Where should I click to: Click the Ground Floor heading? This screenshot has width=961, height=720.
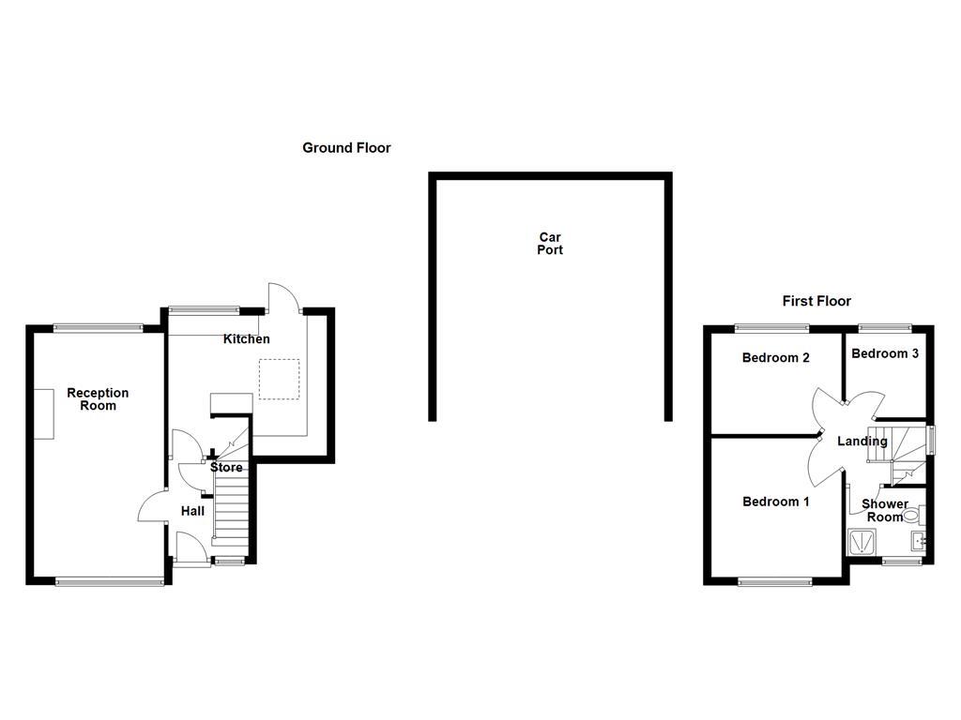click(x=346, y=148)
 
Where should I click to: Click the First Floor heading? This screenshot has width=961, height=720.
click(x=816, y=301)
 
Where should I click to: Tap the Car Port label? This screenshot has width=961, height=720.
click(x=550, y=244)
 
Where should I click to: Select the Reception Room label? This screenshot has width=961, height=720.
click(x=98, y=399)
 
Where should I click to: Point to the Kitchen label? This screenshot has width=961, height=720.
click(x=246, y=339)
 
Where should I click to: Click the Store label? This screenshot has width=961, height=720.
click(x=226, y=468)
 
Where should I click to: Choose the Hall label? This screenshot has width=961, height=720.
click(x=192, y=511)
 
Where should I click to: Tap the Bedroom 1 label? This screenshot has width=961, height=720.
click(x=775, y=502)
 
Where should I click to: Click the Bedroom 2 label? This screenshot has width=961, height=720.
click(x=775, y=358)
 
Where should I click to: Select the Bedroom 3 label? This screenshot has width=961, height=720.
click(x=885, y=353)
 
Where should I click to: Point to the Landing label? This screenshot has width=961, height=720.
click(x=862, y=442)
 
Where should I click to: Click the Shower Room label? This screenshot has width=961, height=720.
click(x=885, y=511)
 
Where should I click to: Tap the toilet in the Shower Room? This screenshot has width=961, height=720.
click(x=911, y=515)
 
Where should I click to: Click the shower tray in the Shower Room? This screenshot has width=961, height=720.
click(x=860, y=543)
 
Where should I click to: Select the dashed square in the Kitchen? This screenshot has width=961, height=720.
click(x=279, y=380)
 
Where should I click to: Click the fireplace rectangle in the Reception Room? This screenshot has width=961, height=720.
click(x=45, y=412)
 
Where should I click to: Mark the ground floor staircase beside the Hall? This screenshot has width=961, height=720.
click(x=232, y=506)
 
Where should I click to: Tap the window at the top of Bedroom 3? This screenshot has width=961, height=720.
click(x=885, y=327)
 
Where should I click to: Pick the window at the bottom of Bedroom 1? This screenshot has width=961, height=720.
click(x=775, y=582)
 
